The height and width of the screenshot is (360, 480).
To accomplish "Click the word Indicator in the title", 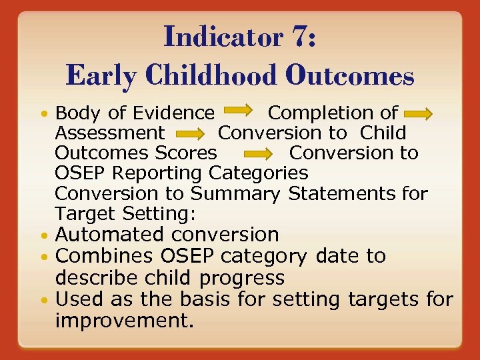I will click(x=220, y=36).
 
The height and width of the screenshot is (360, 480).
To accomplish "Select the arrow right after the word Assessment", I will click(x=190, y=134).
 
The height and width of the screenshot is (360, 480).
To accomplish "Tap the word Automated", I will click(x=110, y=235).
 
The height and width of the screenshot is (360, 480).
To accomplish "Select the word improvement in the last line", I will click(x=123, y=321).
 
